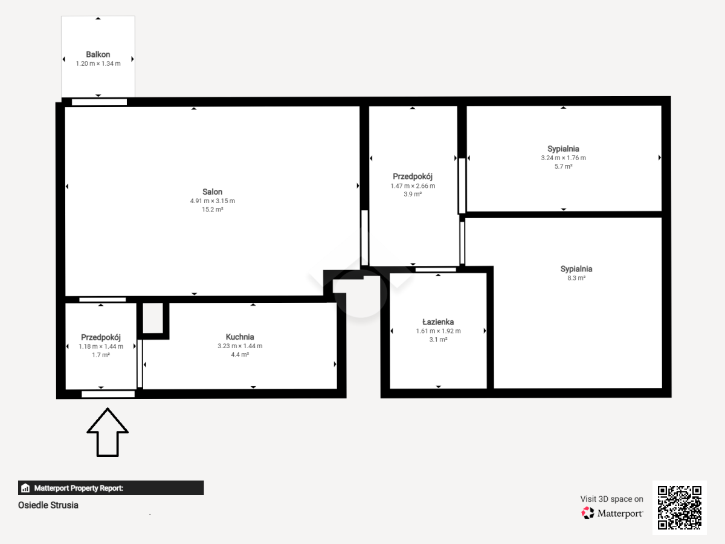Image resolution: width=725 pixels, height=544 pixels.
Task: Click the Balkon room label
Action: pyautogui.click(x=98, y=54)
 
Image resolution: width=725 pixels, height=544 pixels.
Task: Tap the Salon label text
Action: pyautogui.click(x=212, y=192)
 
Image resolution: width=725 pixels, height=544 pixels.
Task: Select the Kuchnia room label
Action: pyautogui.click(x=240, y=337)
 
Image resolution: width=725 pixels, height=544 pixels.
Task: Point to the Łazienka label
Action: pyautogui.click(x=438, y=322)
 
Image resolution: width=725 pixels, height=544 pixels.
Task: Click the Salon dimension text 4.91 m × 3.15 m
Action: pyautogui.click(x=213, y=201)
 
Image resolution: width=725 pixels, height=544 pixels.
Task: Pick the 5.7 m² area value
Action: pyautogui.click(x=563, y=166)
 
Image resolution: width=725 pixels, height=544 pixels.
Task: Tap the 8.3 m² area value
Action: pyautogui.click(x=576, y=278)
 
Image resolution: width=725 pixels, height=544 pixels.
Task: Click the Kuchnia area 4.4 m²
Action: pyautogui.click(x=240, y=355)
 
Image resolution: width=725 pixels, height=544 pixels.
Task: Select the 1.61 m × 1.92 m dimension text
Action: pyautogui.click(x=438, y=331)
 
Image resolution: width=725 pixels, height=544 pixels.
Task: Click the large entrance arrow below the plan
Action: pyautogui.click(x=108, y=432)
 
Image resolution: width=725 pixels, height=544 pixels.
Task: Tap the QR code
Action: pyautogui.click(x=680, y=508)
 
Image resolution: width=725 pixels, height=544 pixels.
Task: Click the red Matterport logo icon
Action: pyautogui.click(x=588, y=513)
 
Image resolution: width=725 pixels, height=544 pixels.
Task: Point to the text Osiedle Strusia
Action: pyautogui.click(x=48, y=505)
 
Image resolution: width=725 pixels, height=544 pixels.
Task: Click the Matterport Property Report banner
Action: pyautogui.click(x=111, y=488)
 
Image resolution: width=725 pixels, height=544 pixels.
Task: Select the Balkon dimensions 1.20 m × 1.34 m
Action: pyautogui.click(x=98, y=63)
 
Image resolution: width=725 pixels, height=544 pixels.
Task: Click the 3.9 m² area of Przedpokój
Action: pyautogui.click(x=413, y=194)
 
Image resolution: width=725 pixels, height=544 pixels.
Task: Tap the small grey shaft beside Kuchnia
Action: pyautogui.click(x=153, y=318)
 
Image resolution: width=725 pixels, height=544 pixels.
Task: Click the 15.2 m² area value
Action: pyautogui.click(x=213, y=209)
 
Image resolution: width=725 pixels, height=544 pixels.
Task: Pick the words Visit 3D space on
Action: pyautogui.click(x=611, y=499)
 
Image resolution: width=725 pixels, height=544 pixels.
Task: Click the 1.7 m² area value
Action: pyautogui.click(x=101, y=355)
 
